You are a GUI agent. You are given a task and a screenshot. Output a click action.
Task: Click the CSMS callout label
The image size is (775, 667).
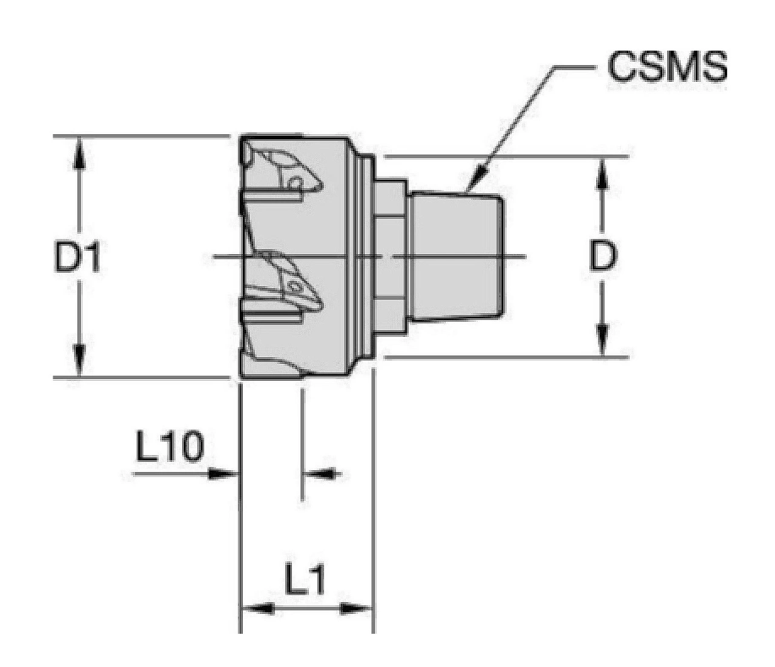coord(667,67)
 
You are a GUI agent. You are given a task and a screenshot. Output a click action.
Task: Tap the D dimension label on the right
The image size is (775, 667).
coord(603,257)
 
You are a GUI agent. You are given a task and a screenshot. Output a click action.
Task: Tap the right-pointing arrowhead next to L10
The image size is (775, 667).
coord(221,474)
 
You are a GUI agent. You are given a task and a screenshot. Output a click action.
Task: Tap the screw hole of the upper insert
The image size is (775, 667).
coord(297,182)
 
